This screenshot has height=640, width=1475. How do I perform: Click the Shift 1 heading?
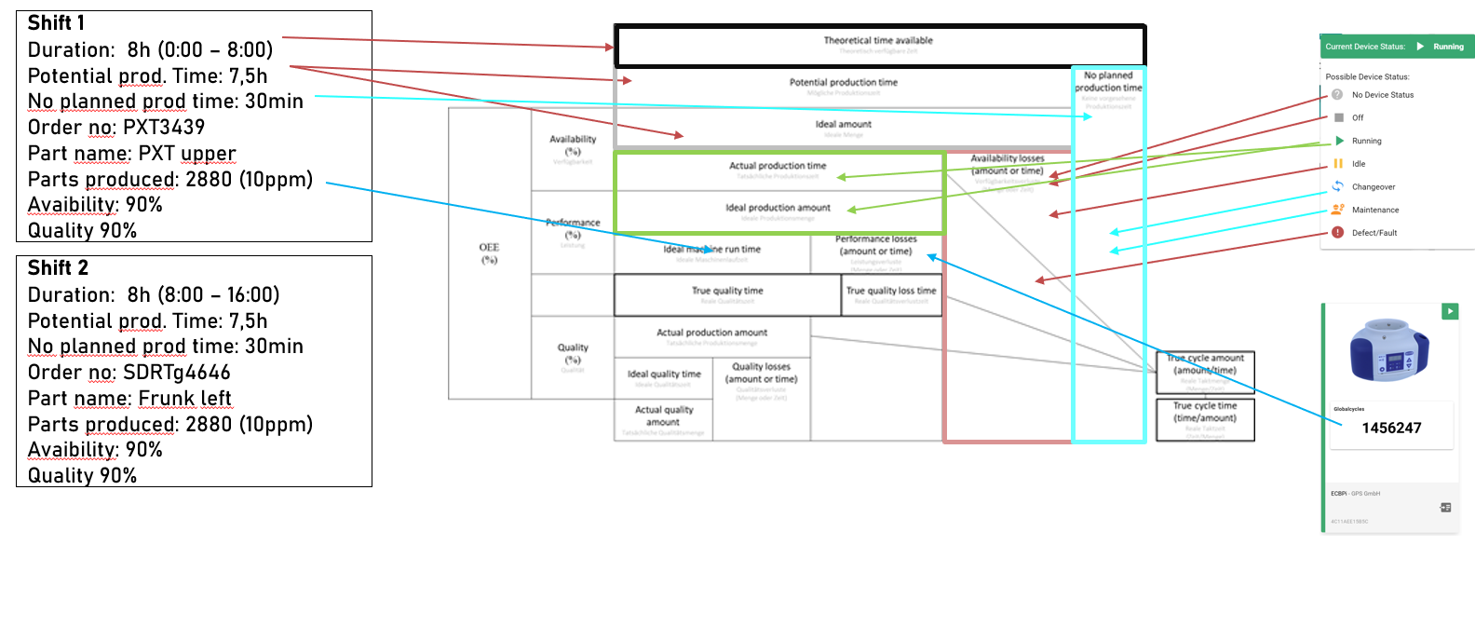56,23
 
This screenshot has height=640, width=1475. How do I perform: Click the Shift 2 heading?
58,268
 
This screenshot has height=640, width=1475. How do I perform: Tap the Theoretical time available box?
878,44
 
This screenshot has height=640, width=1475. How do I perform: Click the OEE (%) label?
489,253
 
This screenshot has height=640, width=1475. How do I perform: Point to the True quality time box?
727,294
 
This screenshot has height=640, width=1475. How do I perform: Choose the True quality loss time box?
891,294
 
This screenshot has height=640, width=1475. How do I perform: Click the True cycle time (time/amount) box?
1205,418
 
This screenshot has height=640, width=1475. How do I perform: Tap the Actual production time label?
778,166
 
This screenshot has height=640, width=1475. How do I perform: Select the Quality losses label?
761,373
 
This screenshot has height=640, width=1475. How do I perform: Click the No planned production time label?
1108,82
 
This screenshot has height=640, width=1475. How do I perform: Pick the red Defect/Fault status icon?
1337,233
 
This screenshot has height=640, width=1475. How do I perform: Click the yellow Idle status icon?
1338,164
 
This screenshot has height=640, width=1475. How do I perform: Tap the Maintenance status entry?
1374,211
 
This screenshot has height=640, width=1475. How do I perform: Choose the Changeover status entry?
1373,187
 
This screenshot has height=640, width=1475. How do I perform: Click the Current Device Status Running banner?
1397,47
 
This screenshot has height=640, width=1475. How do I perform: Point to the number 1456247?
1391,429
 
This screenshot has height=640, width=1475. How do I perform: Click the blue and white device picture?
1389,349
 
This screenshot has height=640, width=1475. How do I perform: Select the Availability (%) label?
573,145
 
